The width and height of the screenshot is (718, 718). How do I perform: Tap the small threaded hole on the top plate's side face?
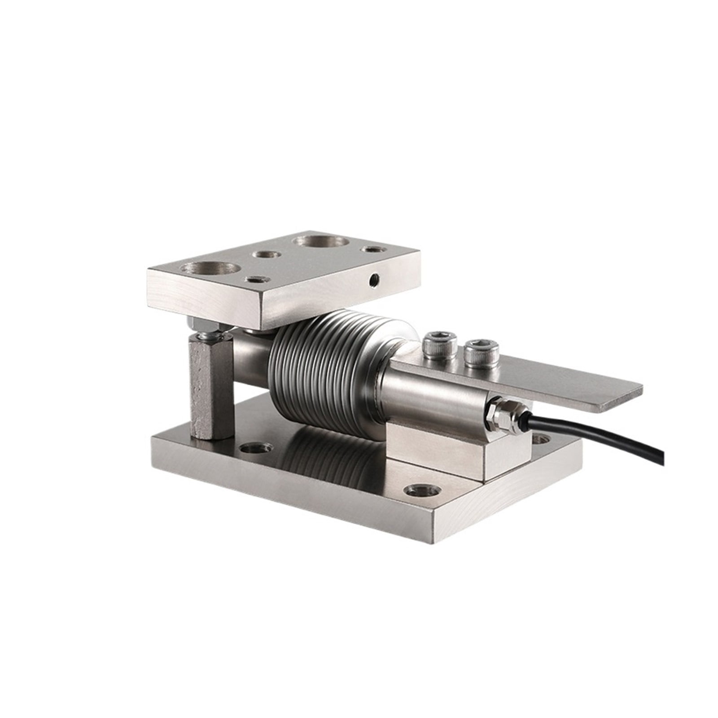click(372, 280)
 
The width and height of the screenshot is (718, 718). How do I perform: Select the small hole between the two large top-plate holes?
click(267, 254)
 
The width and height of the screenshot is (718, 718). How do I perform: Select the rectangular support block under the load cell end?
click(431, 451)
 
